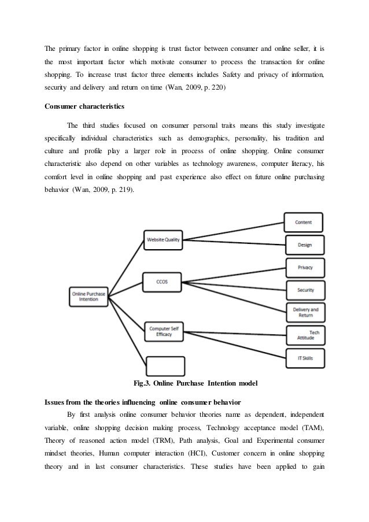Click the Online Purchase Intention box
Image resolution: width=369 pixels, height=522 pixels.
(x=88, y=296)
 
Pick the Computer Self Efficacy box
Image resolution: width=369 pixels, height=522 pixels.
(x=164, y=330)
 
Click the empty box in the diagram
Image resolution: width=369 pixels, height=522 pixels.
(x=165, y=366)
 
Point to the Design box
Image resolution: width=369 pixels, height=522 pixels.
(x=304, y=245)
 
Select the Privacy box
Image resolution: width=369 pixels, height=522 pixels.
(x=305, y=268)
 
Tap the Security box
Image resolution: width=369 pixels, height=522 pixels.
(x=305, y=290)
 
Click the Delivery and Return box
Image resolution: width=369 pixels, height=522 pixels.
(x=305, y=313)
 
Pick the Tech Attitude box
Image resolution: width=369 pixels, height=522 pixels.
(x=305, y=335)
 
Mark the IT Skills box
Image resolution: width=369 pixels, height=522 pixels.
(x=305, y=357)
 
